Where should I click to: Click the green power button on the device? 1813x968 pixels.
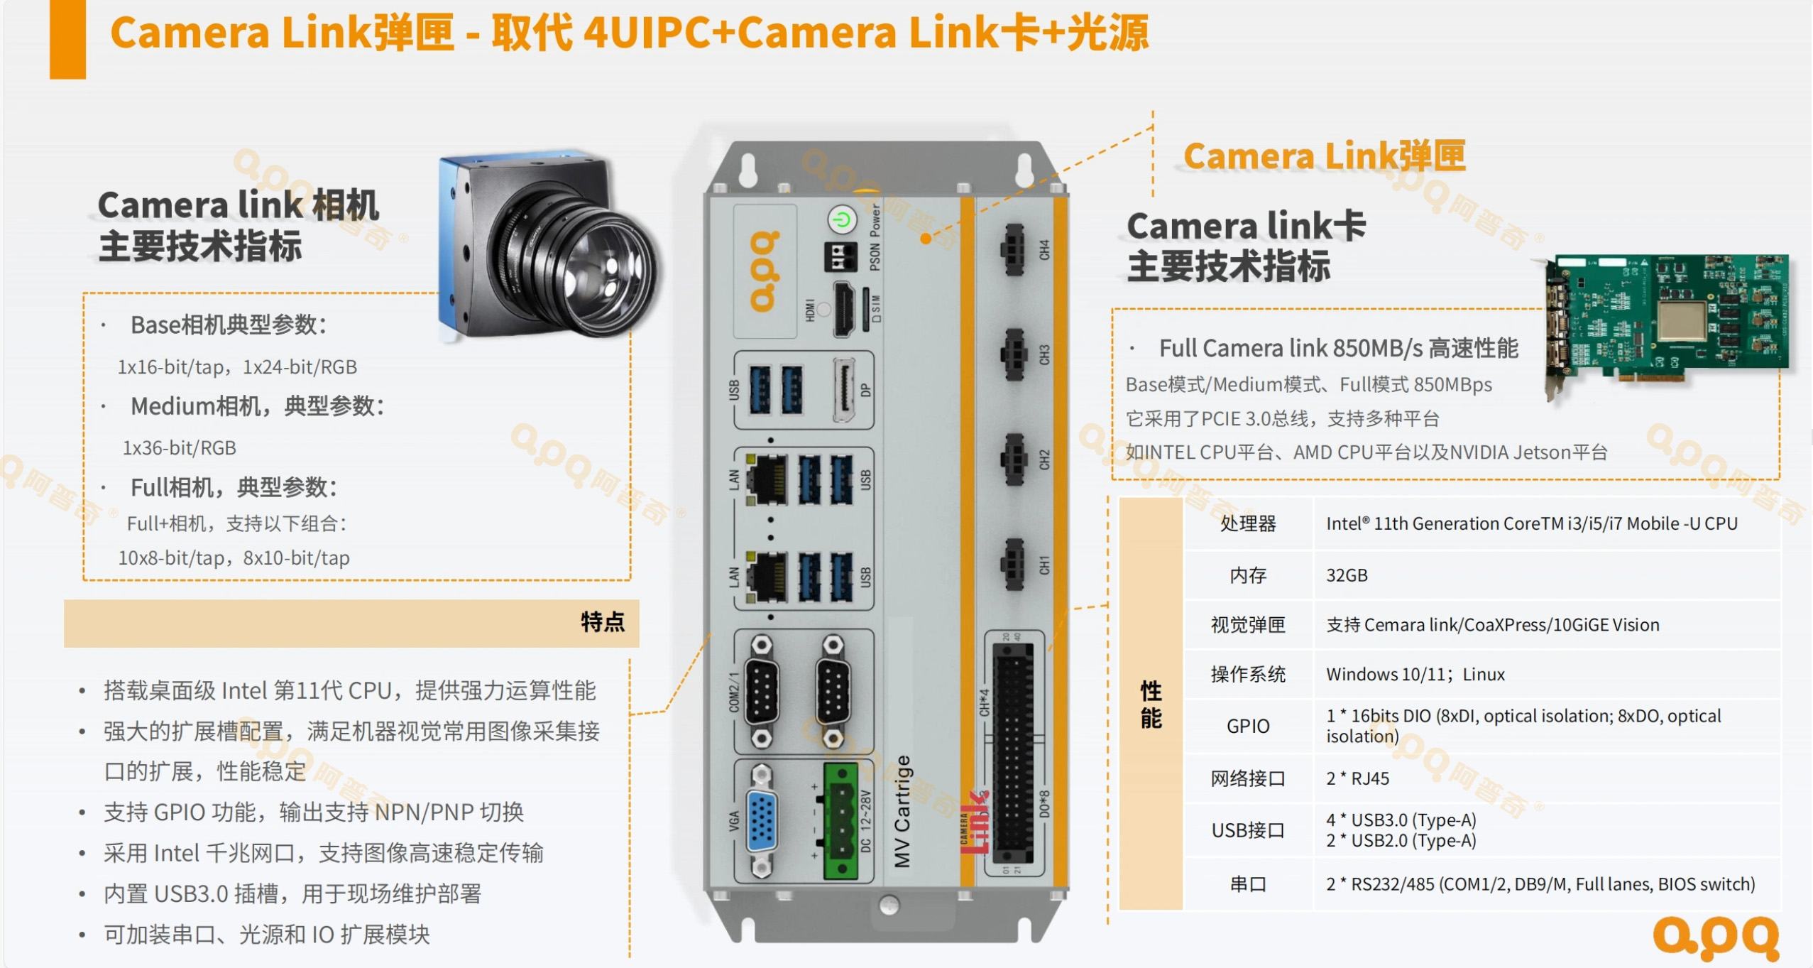842,219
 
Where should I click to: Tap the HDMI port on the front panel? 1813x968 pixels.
844,309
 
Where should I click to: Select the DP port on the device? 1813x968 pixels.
844,390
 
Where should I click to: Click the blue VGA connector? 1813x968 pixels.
762,821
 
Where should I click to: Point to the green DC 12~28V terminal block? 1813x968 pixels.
841,820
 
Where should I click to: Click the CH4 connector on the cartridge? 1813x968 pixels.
1013,249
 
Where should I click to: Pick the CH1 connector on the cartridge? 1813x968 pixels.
1013,565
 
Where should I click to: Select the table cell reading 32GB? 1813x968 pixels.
1347,575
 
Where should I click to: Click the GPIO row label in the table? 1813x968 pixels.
1248,726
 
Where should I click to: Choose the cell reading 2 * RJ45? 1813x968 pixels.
1357,778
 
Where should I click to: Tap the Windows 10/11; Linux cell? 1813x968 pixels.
1415,674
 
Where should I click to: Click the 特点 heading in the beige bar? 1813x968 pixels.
603,622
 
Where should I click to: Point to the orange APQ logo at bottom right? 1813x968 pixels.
1716,937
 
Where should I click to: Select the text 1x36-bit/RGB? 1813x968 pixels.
180,448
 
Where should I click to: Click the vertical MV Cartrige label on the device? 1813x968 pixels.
902,811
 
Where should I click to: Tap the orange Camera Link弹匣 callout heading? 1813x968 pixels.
1325,156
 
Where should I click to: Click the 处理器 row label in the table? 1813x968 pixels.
1248,523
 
